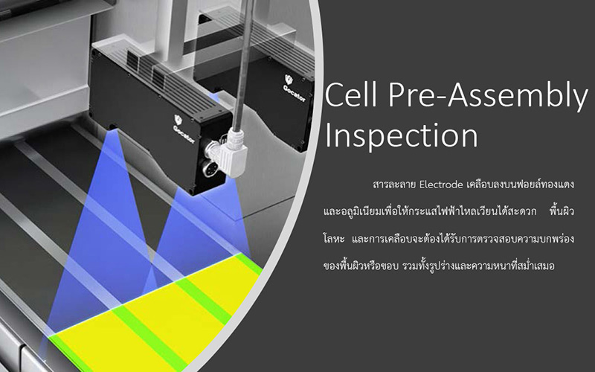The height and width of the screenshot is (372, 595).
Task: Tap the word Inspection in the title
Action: coord(402,136)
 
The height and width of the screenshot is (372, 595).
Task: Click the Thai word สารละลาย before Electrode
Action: coord(395,185)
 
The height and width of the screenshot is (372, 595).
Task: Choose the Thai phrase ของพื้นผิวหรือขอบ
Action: coord(361,266)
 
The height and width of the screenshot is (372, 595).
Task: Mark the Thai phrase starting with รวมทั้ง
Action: coord(478,265)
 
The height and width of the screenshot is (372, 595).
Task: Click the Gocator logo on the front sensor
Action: coord(183,129)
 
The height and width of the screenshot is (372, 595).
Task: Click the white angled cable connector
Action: coord(232,151)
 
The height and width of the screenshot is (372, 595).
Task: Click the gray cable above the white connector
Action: coord(243,65)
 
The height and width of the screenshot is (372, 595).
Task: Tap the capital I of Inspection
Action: coord(328,135)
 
